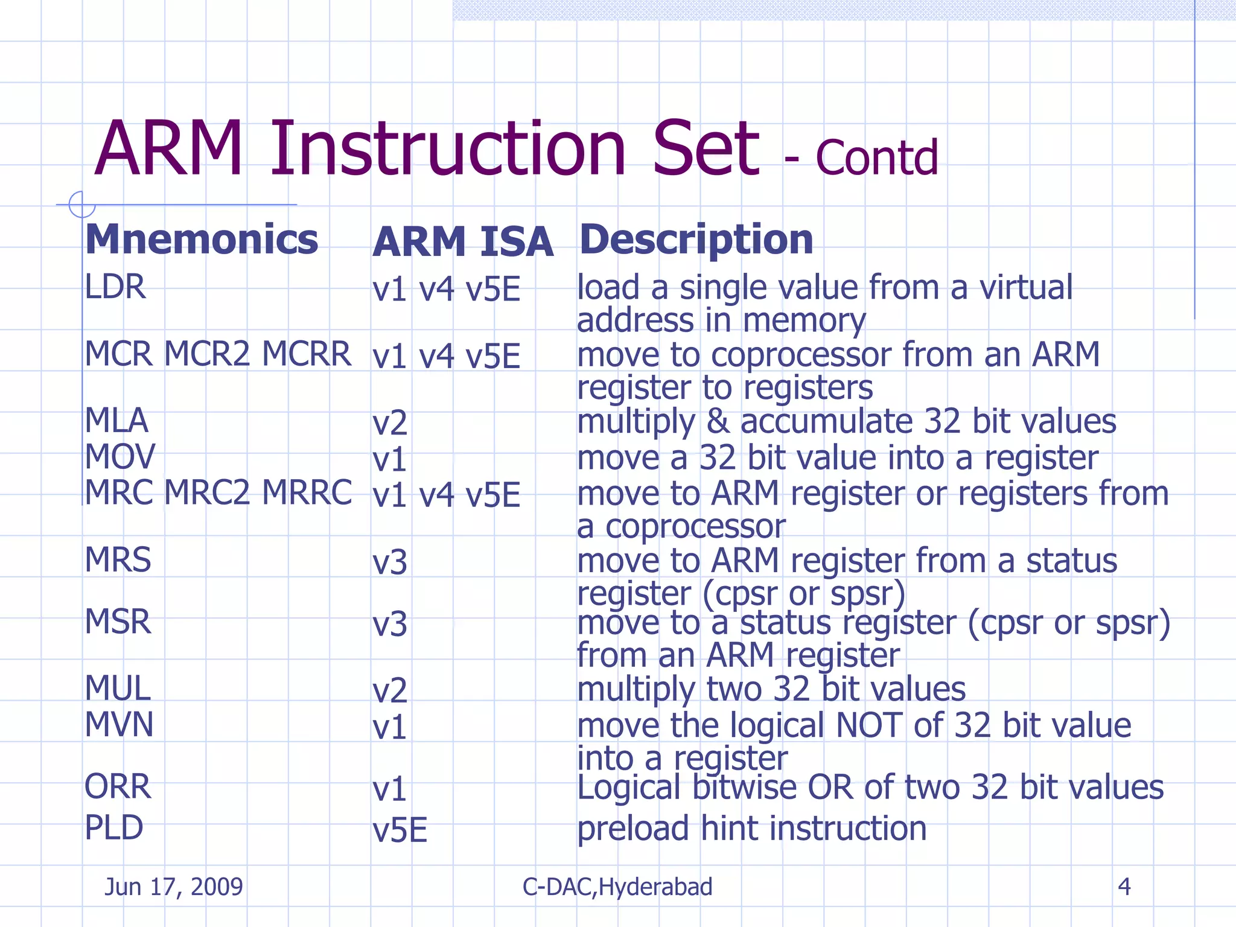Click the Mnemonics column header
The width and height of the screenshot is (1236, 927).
202,240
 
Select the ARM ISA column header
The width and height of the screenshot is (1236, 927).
463,242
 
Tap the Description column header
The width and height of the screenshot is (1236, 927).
696,240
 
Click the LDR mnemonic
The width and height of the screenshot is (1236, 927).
115,287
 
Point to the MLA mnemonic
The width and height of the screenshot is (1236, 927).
116,421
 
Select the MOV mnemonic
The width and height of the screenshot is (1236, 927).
120,457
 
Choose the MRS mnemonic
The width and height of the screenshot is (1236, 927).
118,560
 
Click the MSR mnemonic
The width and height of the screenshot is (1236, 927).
118,622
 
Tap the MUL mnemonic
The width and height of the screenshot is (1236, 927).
118,688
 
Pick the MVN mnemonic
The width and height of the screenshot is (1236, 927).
119,724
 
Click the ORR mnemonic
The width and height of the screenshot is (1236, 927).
118,787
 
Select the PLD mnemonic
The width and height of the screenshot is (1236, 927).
114,827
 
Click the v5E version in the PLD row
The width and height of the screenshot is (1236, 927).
400,830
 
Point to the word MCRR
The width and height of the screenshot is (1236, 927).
307,354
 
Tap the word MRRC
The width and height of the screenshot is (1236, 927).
307,493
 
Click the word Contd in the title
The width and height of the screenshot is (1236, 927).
877,158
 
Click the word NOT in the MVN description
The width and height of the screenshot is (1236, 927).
869,725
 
